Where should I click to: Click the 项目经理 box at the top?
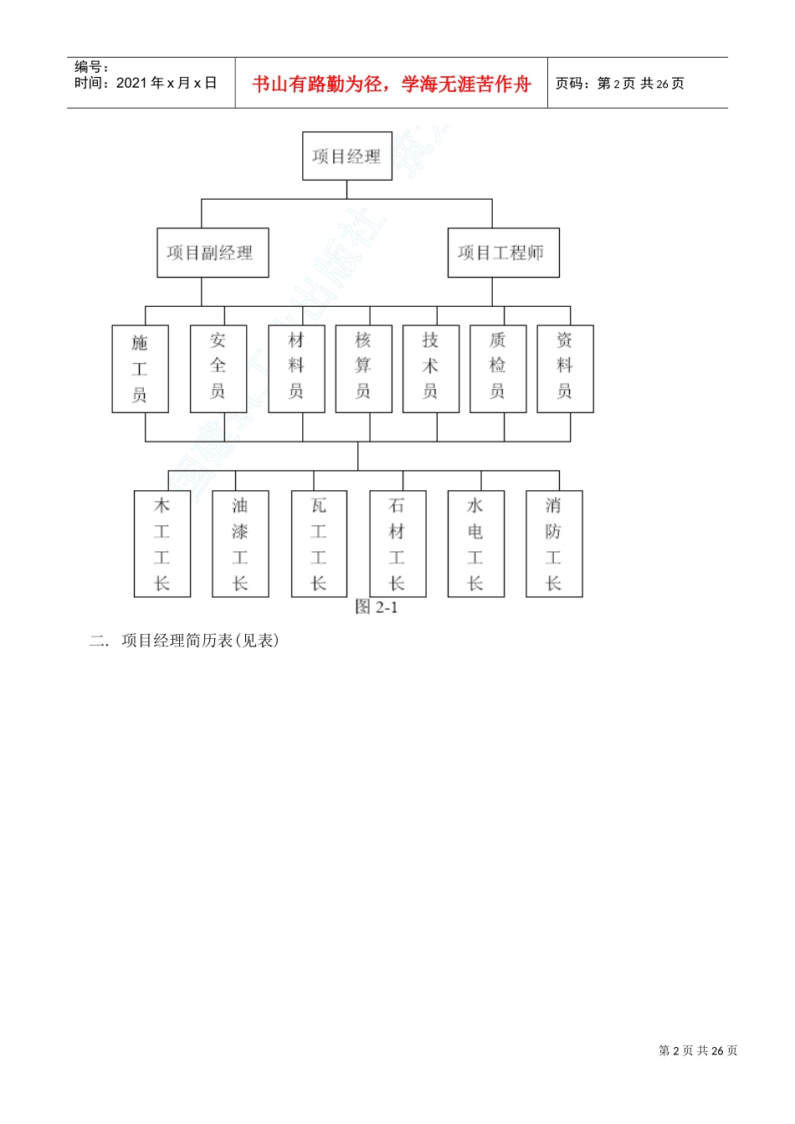[x=346, y=156]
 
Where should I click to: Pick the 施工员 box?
[x=140, y=369]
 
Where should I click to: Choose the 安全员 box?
[x=218, y=369]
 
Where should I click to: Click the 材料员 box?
[x=296, y=369]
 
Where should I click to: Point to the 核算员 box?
[x=363, y=369]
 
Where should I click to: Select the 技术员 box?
[x=431, y=369]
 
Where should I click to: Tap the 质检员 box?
[x=498, y=369]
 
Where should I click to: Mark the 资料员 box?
[x=565, y=369]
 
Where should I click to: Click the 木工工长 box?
[x=162, y=544]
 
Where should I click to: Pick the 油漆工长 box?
[x=240, y=544]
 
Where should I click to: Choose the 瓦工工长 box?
[x=319, y=544]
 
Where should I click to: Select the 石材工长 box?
[x=397, y=544]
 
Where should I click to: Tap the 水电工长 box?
[x=475, y=544]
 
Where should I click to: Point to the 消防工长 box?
[x=554, y=544]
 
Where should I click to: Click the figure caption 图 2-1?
[x=377, y=607]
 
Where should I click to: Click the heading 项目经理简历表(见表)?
[x=199, y=641]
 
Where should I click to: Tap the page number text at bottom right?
[x=698, y=1050]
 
